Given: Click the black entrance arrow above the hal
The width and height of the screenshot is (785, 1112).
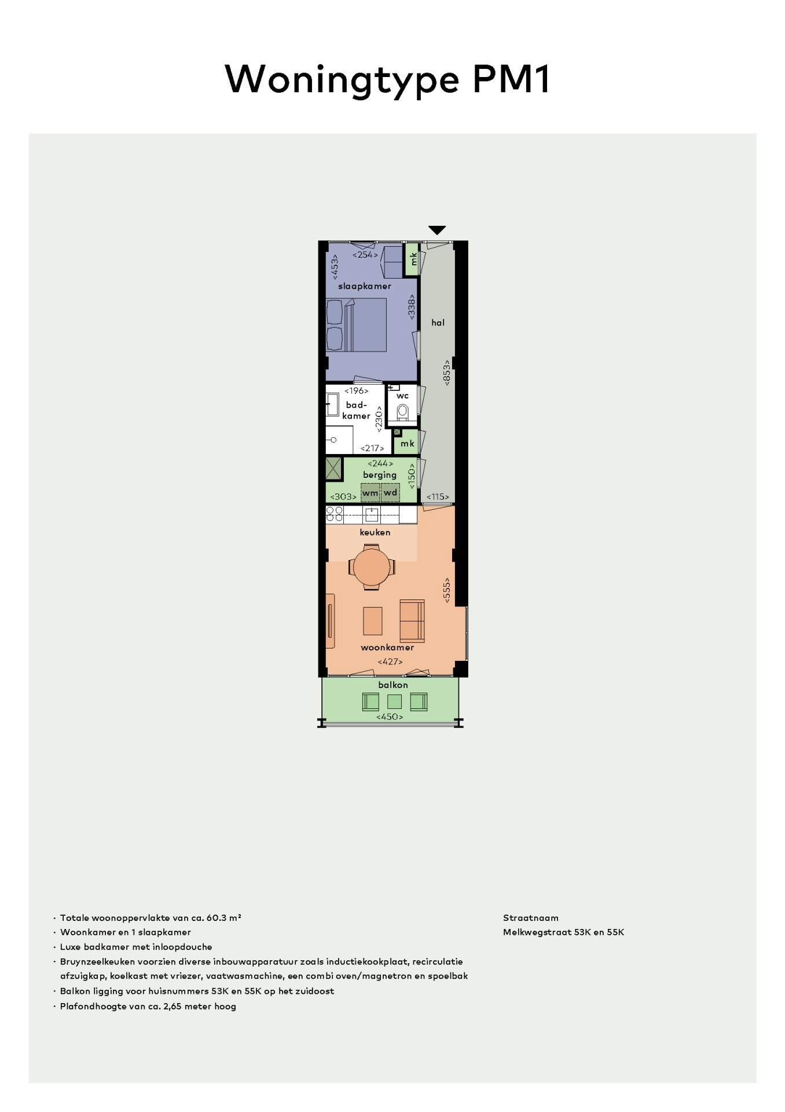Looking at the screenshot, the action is [437, 230].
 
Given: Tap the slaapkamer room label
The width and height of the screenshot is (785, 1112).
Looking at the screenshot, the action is [365, 286].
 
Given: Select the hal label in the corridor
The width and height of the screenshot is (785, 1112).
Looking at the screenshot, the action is [438, 323].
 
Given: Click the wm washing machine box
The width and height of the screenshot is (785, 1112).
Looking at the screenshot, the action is [371, 493].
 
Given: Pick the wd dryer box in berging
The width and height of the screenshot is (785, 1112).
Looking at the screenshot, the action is [391, 493].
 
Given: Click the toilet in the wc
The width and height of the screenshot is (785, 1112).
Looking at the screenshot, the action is [403, 412].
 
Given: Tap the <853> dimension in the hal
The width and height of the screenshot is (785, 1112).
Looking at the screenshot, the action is [447, 373].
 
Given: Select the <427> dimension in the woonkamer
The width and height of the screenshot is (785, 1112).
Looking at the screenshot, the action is [390, 661].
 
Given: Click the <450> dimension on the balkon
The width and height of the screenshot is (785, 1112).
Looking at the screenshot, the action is [390, 717].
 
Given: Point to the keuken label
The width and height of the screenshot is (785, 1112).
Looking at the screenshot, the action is [375, 532].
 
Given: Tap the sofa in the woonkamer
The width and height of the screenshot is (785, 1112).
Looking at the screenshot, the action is [412, 620].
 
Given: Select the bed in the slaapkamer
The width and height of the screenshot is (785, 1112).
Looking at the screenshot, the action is [356, 325].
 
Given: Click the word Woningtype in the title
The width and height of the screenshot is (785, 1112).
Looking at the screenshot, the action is [342, 79].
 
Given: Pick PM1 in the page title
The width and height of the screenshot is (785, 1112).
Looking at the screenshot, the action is [511, 78].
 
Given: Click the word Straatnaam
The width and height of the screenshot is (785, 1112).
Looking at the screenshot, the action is [531, 918].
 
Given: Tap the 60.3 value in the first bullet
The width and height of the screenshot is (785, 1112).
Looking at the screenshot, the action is [215, 918].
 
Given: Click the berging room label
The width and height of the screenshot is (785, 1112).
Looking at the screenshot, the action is [380, 475].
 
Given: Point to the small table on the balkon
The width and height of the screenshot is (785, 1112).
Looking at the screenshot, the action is [394, 702].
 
